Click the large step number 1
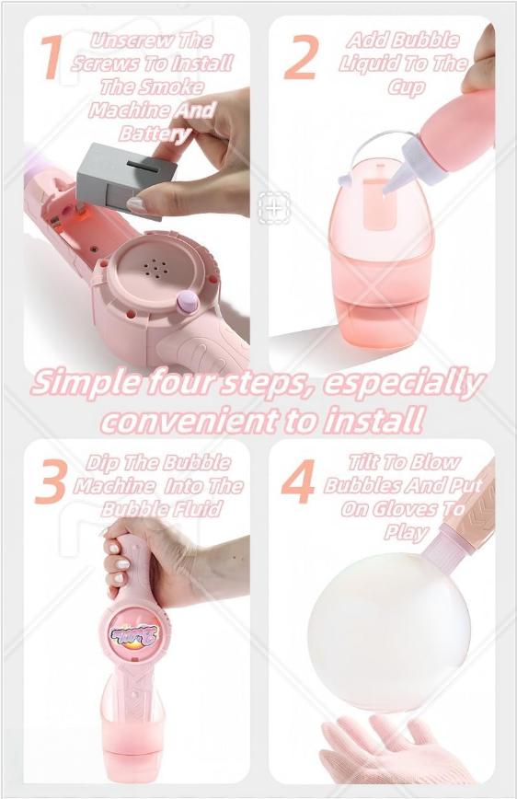[x=52, y=57]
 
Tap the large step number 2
[x=300, y=59]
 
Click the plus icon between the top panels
[x=274, y=207]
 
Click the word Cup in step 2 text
[x=406, y=87]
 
